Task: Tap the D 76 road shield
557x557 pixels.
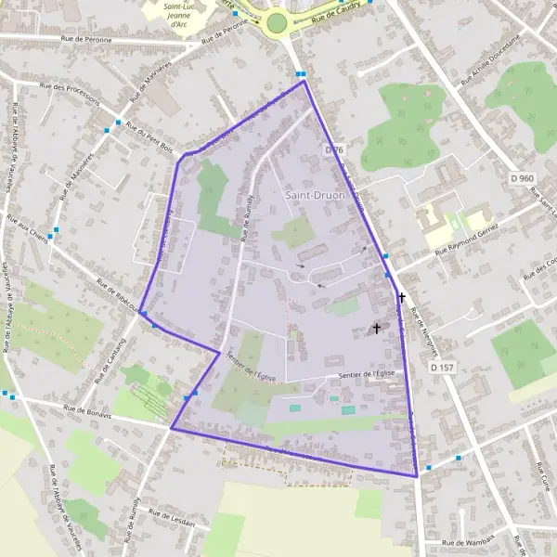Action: (335, 149)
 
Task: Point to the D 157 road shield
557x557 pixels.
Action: (443, 368)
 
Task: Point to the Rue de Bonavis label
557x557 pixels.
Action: (87, 409)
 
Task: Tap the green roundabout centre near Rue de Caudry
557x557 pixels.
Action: (277, 22)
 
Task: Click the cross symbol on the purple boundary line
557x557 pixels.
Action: (402, 298)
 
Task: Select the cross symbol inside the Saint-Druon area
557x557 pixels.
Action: (377, 328)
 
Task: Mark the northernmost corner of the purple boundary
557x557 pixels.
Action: (304, 82)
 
